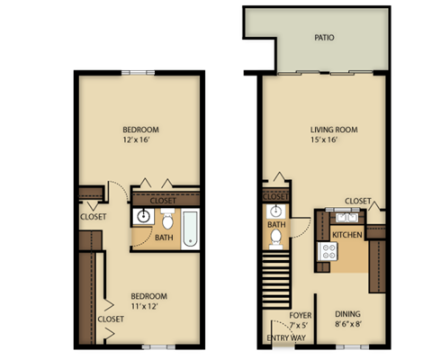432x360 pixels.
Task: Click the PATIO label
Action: coord(325,39)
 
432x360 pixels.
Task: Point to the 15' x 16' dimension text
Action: coord(325,141)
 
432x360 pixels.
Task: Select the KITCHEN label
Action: coord(346,235)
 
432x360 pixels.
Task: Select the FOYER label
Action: coord(300,315)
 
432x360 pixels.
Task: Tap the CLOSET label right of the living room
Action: coord(358,201)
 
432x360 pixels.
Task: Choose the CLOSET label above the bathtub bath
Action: coord(163,201)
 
